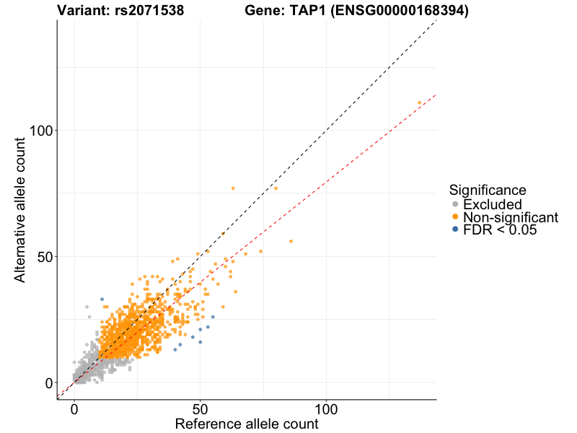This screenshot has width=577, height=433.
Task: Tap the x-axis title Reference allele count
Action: click(247, 424)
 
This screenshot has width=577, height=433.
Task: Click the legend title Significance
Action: click(487, 190)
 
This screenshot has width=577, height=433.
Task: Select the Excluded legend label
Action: click(492, 204)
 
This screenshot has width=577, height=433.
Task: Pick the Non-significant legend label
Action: click(510, 217)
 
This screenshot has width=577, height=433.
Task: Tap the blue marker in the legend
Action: click(454, 230)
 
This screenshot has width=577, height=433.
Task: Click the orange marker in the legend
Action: click(454, 217)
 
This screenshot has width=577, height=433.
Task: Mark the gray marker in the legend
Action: click(454, 204)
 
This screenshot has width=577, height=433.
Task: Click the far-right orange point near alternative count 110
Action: click(419, 102)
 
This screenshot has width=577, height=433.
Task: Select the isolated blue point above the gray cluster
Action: click(102, 299)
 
